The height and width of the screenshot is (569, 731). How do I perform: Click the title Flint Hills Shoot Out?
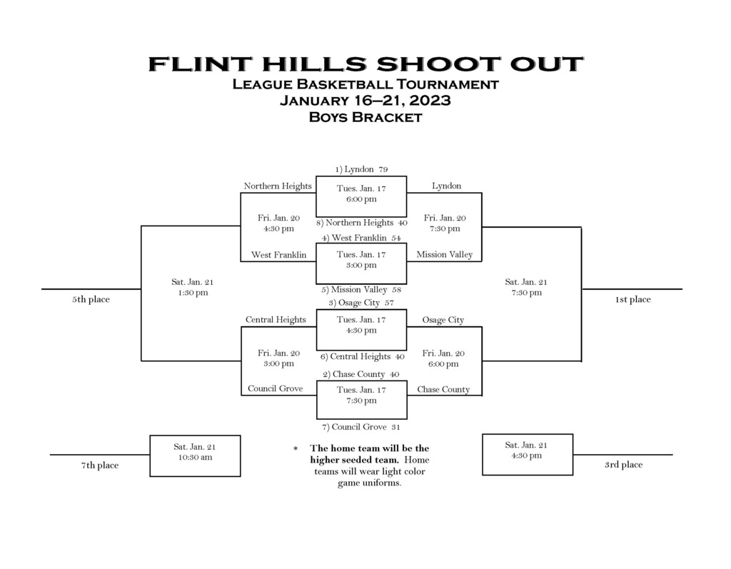point(365,64)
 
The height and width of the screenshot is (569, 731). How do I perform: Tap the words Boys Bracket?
point(365,117)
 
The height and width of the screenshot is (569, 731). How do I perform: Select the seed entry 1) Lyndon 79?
point(361,169)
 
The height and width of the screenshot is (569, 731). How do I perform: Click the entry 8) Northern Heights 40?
point(361,223)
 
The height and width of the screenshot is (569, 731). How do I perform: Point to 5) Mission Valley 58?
point(361,290)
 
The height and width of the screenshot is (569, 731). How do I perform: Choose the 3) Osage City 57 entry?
point(361,303)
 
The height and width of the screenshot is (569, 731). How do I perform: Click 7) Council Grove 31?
point(361,427)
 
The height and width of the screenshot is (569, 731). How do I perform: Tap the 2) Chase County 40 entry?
point(361,374)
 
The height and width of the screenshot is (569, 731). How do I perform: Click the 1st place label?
point(632,299)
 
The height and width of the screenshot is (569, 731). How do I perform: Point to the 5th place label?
point(91,299)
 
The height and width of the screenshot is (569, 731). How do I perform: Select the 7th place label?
point(100,465)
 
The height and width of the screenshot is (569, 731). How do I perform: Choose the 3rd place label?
point(624,465)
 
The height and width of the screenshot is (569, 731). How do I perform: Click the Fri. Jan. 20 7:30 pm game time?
point(445,223)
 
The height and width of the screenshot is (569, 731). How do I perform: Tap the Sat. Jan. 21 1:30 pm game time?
point(193,287)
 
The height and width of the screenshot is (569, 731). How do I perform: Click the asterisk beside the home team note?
point(296,448)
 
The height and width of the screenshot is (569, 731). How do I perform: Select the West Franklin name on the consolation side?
point(279,255)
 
